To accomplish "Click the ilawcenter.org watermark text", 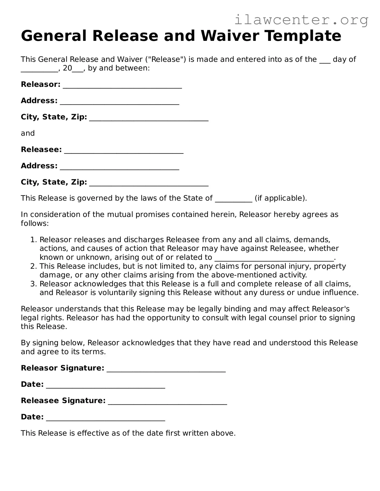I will tap(301, 20).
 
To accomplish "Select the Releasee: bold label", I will tap(41, 150).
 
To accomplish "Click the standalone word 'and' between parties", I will tap(28, 133).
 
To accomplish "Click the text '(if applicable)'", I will tap(280, 198).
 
